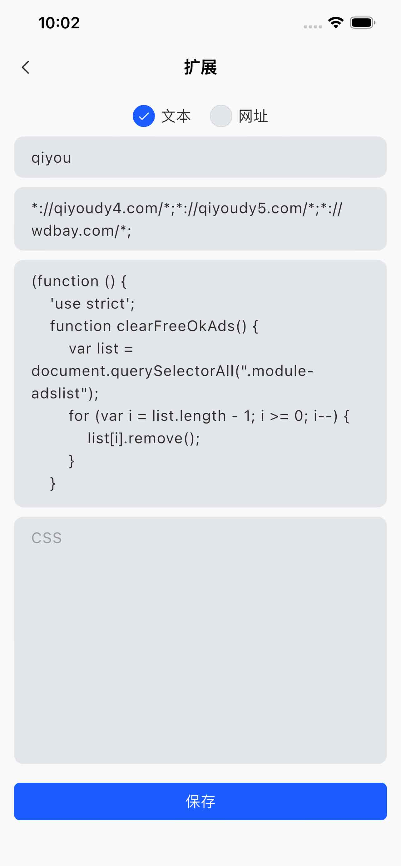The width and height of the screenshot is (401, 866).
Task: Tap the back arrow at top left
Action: [x=26, y=67]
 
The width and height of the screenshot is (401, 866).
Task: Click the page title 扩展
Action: [x=200, y=67]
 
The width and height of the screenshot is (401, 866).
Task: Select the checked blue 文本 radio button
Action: [x=144, y=116]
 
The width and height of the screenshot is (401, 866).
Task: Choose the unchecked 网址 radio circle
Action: [x=221, y=116]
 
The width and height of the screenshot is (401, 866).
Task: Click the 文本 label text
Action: [x=176, y=116]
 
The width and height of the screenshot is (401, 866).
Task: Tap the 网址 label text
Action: [x=253, y=116]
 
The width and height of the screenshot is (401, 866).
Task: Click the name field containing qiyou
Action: [x=200, y=157]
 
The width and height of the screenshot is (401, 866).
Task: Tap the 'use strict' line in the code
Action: [x=92, y=304]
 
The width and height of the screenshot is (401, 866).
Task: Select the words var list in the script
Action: [x=94, y=348]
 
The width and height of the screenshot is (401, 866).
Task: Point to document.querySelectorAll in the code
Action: [x=133, y=371]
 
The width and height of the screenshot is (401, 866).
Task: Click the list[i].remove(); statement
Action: [x=144, y=438]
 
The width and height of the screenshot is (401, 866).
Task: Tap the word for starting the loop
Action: [x=79, y=416]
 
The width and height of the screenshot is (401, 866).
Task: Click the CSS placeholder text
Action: [x=47, y=537]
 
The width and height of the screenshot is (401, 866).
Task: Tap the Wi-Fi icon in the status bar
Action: [x=336, y=22]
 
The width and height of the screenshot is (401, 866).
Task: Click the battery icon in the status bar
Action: [x=363, y=22]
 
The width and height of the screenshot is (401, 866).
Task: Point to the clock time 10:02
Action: [x=59, y=23]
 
